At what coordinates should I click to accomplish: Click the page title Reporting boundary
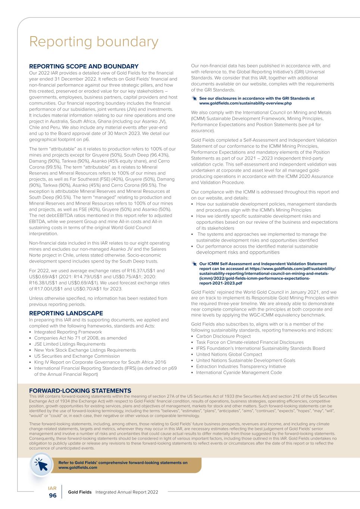(x=94, y=42)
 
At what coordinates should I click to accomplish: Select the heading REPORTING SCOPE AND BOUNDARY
(x=84, y=66)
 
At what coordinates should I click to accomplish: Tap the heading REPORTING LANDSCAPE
(x=66, y=313)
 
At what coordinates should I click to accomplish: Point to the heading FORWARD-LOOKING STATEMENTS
(x=80, y=390)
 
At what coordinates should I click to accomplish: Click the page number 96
(x=53, y=495)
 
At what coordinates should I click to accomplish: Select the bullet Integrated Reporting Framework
(x=68, y=332)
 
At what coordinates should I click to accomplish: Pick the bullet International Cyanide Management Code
(x=239, y=373)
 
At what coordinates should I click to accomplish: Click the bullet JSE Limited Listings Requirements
(x=70, y=344)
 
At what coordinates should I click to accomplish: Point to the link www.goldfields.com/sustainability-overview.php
(x=245, y=103)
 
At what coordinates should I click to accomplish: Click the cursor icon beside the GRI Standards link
(x=194, y=98)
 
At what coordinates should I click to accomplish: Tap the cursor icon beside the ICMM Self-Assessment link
(x=194, y=264)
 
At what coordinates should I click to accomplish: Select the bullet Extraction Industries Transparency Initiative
(x=241, y=367)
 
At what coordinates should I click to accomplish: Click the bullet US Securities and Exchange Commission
(x=77, y=356)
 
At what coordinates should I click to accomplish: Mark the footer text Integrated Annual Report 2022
(x=127, y=492)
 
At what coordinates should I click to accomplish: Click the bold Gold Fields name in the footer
(x=79, y=492)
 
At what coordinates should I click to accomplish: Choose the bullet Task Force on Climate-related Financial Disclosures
(x=250, y=342)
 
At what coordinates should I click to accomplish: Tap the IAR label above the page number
(x=52, y=488)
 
